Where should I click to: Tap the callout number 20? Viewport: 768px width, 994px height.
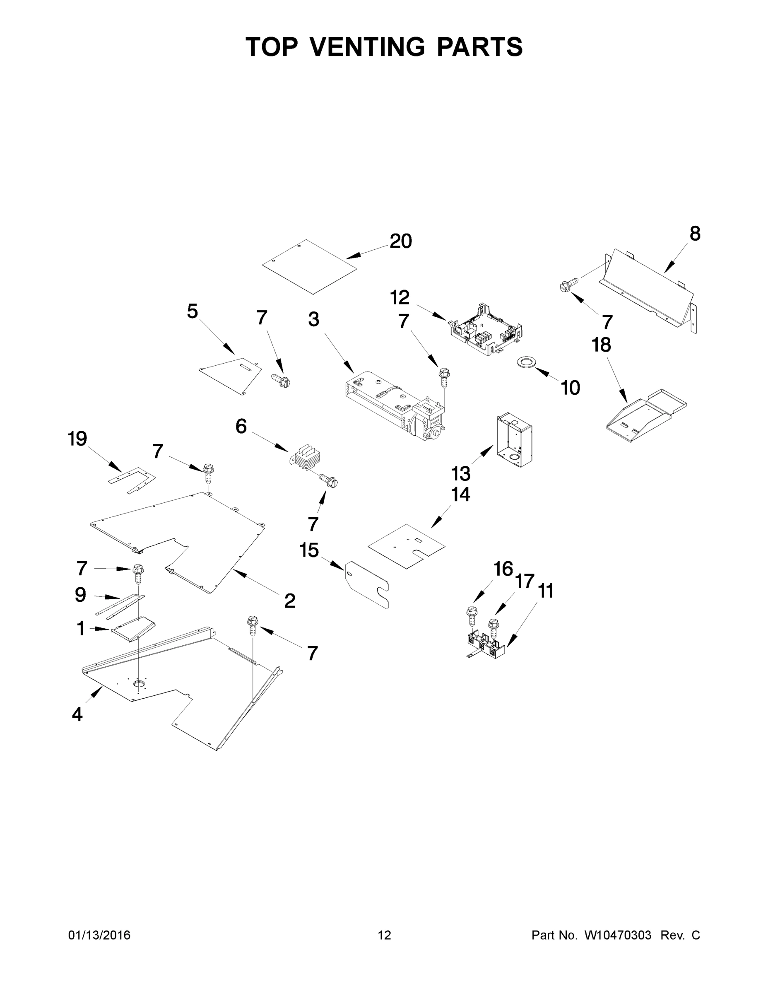400,241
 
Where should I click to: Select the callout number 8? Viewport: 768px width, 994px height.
695,234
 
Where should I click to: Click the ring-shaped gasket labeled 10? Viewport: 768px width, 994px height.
526,362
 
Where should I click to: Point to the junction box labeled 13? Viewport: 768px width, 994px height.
514,439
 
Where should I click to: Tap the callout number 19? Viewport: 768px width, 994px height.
77,439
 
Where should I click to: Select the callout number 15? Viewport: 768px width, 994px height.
309,550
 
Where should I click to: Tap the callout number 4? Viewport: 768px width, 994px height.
77,714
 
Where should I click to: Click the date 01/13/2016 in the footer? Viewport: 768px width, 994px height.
99,935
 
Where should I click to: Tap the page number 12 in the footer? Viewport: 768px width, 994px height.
385,935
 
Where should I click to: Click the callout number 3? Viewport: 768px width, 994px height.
314,319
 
